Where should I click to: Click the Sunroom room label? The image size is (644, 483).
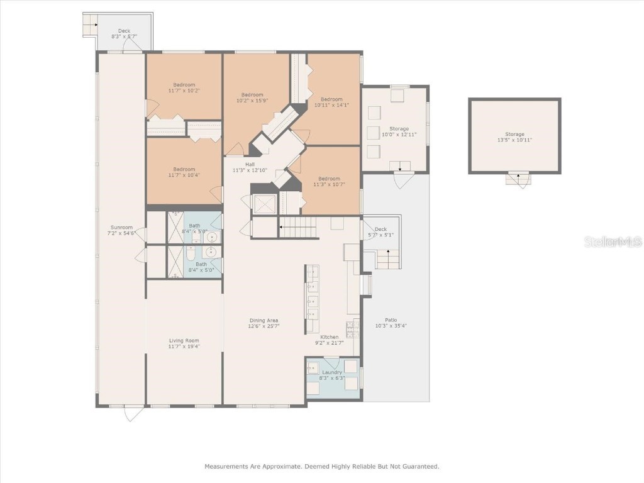(121, 230)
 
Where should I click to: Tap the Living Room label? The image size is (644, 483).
(184, 343)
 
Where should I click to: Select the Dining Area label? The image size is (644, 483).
(264, 323)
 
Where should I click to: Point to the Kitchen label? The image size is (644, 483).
(330, 340)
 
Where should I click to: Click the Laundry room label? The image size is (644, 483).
(331, 375)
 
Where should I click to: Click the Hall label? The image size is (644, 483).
(250, 167)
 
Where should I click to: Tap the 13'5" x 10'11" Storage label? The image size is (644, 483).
(514, 137)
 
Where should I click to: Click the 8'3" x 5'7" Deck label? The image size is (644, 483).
(124, 33)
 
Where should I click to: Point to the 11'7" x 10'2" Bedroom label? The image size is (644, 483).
(184, 87)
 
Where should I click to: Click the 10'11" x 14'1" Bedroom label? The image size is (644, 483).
(331, 102)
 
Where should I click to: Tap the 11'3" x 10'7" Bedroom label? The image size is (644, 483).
(329, 181)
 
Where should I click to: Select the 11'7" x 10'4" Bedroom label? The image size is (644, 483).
(184, 172)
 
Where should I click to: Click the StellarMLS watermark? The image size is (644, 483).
(613, 241)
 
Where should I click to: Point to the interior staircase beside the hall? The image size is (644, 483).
(297, 228)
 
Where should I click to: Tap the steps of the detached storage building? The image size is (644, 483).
(518, 179)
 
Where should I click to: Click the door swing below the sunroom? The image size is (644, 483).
(133, 414)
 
